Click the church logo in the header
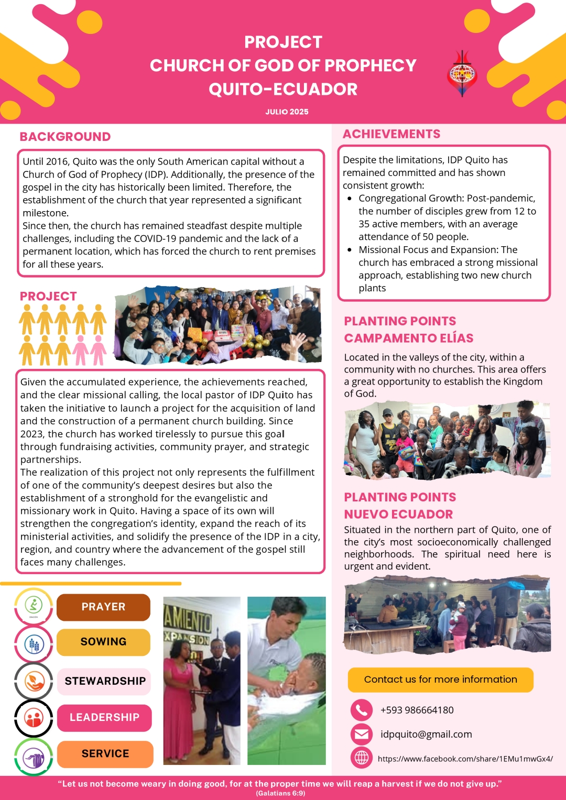[x=462, y=74]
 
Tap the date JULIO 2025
[x=287, y=112]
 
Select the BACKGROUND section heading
[x=65, y=137]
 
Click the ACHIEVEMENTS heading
[x=391, y=134]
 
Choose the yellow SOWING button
[x=103, y=642]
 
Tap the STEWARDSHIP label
[x=105, y=681]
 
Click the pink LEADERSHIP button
[x=104, y=717]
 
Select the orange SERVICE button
[x=105, y=753]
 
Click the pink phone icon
[x=361, y=710]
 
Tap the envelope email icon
[x=361, y=734]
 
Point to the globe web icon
[x=361, y=758]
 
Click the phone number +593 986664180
[x=417, y=710]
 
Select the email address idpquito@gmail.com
[x=426, y=734]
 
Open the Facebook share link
[x=465, y=758]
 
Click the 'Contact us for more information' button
[x=440, y=680]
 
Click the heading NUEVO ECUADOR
[x=398, y=514]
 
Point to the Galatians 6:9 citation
[x=280, y=793]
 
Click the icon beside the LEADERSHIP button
[x=34, y=718]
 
